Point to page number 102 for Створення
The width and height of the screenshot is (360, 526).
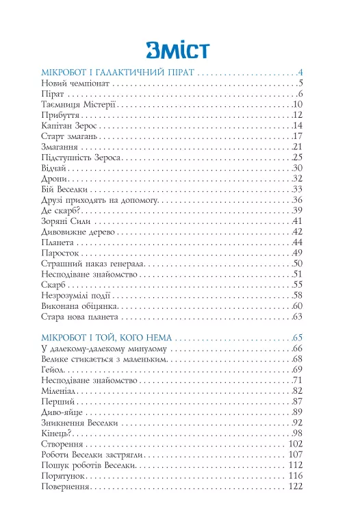click(293, 444)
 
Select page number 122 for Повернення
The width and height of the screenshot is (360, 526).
click(293, 487)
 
